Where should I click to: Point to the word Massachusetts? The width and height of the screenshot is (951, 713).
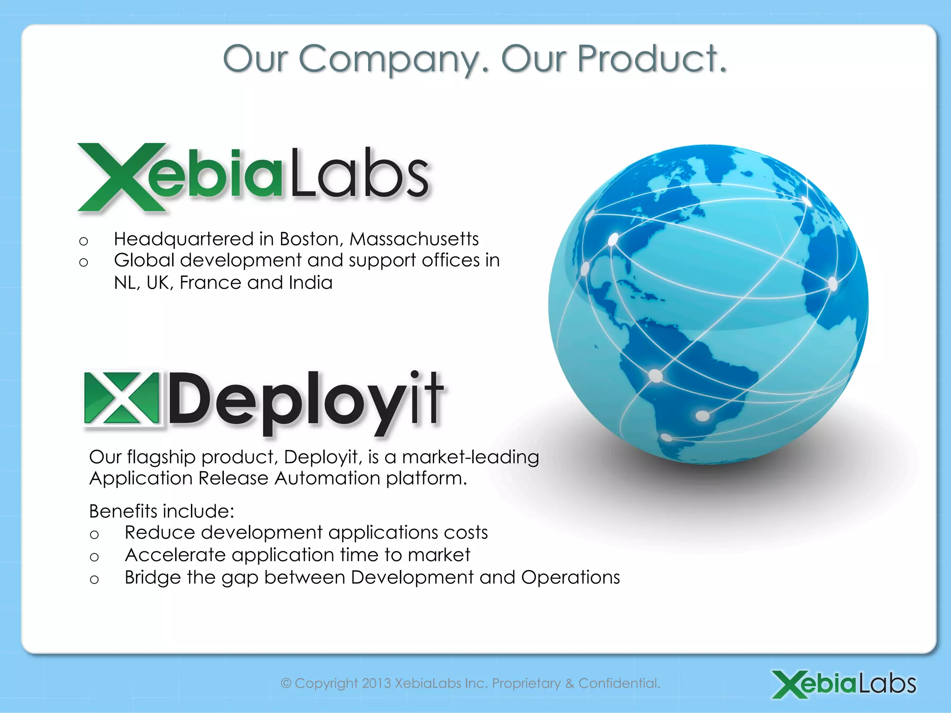414,239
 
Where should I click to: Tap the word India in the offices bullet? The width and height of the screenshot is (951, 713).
311,282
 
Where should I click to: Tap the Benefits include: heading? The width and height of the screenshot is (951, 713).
162,511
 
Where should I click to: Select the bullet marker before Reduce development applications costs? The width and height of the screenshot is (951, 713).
94,535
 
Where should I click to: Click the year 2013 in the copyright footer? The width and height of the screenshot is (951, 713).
376,683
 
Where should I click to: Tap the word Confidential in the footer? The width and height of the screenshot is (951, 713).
619,683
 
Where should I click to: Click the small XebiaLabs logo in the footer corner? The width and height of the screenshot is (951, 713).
844,684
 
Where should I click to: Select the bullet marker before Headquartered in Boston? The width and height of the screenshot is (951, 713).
84,241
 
